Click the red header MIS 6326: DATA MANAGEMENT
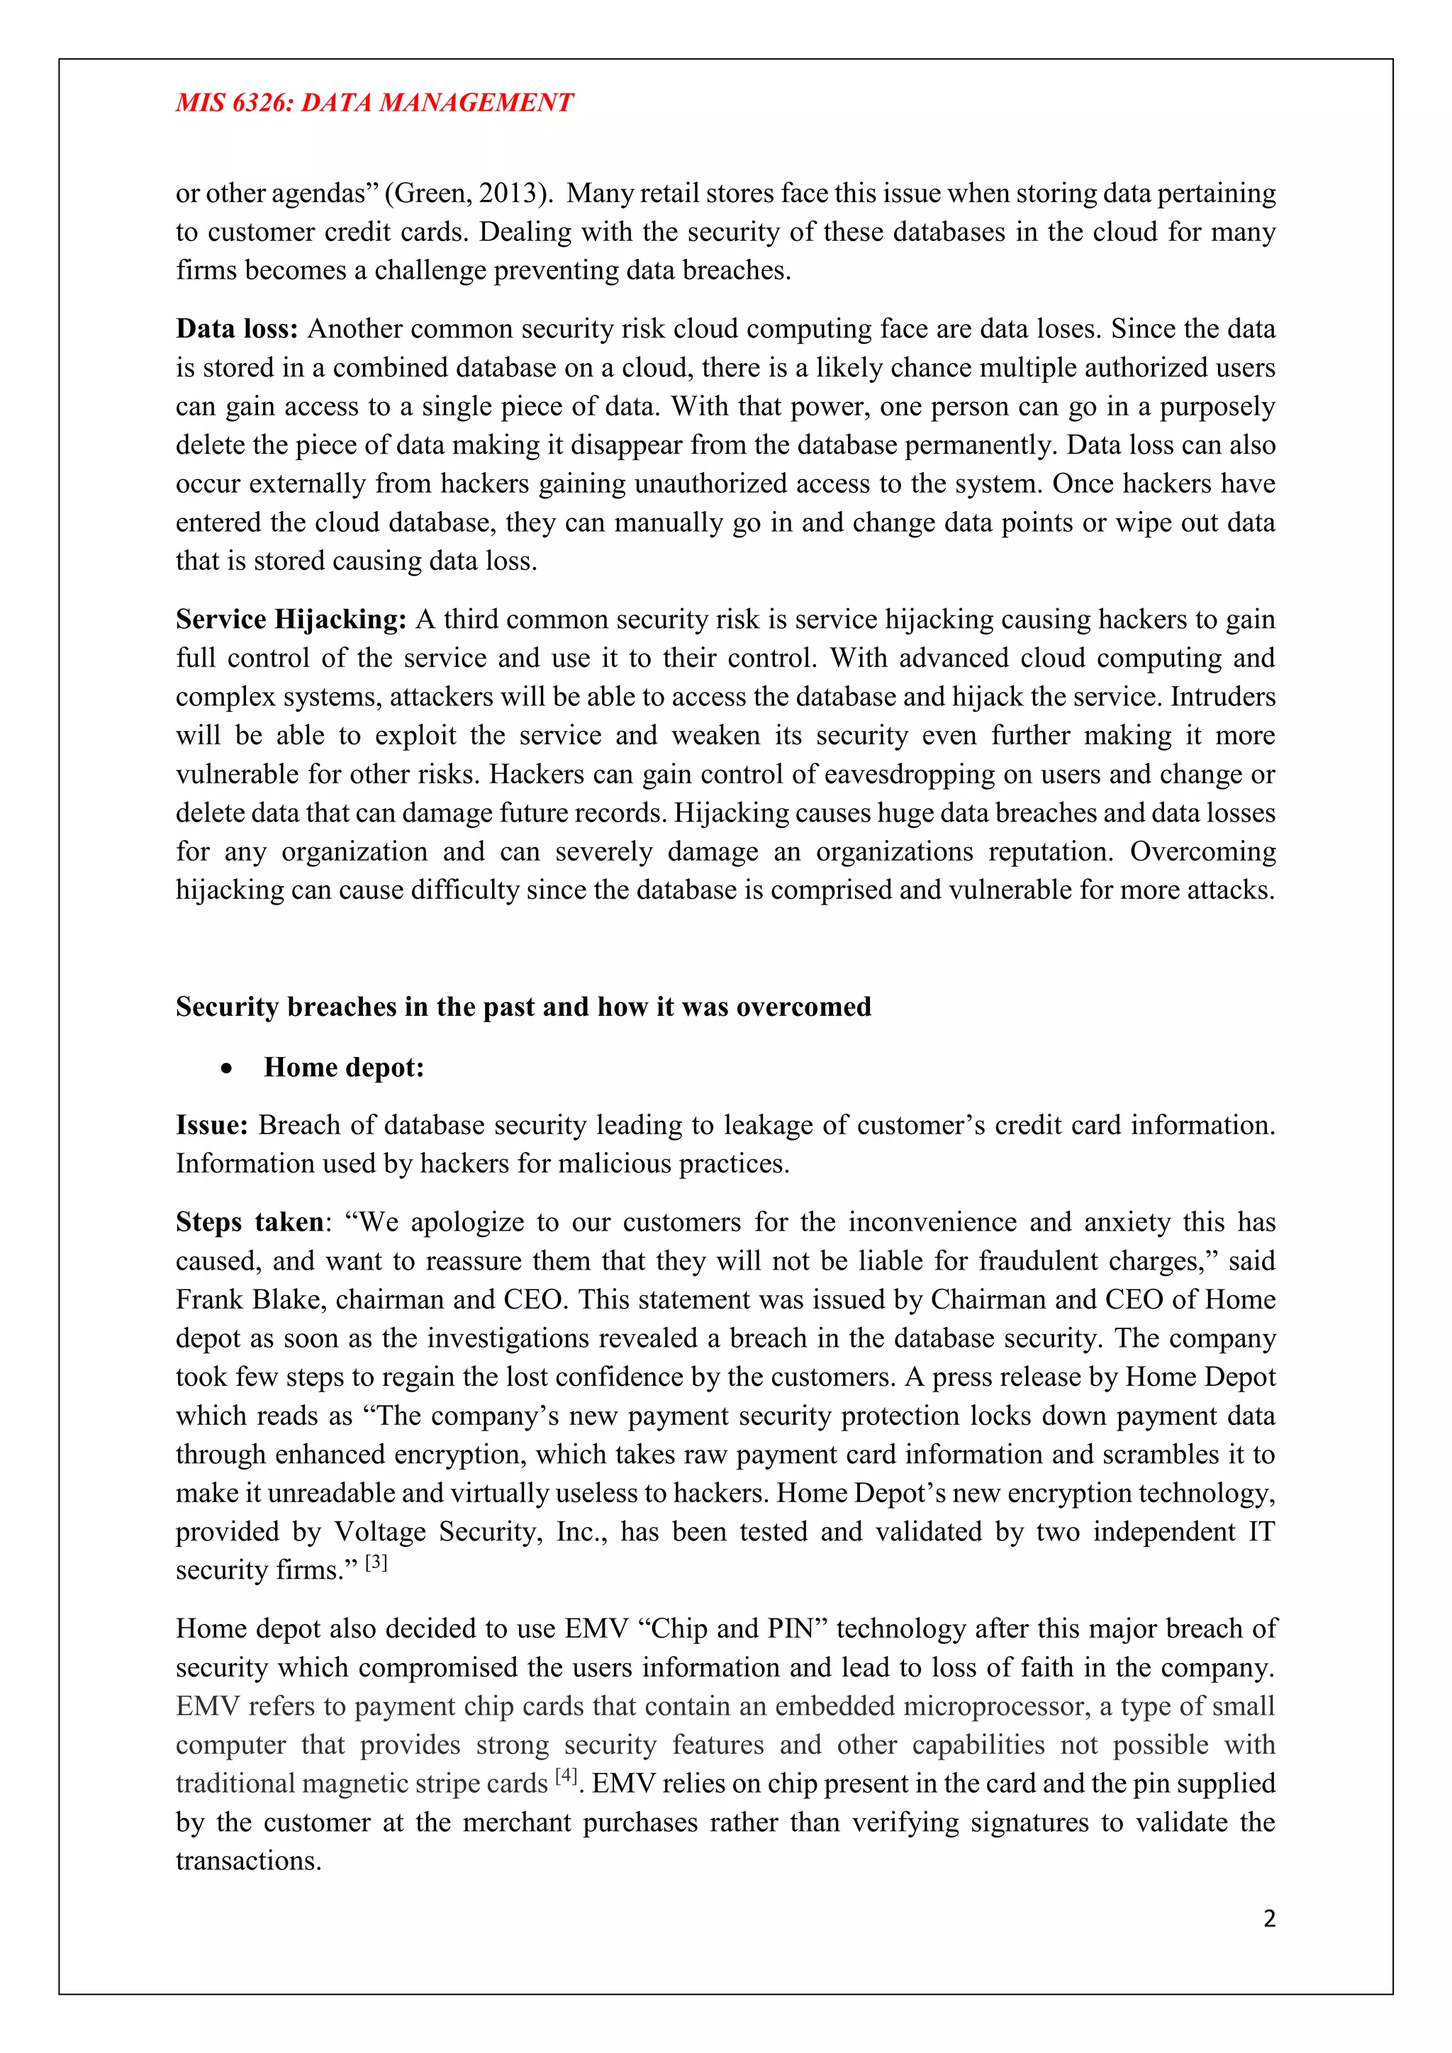click(x=374, y=103)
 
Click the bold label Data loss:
click(x=236, y=329)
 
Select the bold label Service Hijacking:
click(x=291, y=620)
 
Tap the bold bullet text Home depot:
click(x=343, y=1068)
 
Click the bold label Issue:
click(x=211, y=1125)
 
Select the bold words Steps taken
click(x=250, y=1222)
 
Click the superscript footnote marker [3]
click(x=376, y=1562)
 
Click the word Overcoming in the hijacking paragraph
click(x=1202, y=851)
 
